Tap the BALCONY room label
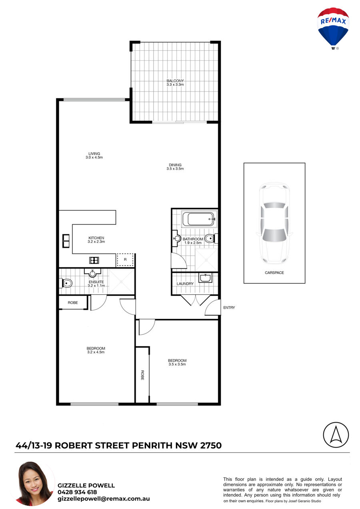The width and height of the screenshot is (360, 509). coord(175,81)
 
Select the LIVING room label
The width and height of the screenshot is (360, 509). coord(94,154)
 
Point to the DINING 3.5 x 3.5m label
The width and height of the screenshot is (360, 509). coord(175,167)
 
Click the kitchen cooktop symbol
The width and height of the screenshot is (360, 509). coord(94,260)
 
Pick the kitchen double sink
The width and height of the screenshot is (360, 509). coord(66,241)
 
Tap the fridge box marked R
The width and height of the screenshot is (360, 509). coord(125,260)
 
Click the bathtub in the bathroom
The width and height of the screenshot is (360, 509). coord(199,219)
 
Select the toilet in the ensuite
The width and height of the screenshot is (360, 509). coord(66,283)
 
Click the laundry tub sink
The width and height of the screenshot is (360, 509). coord(205,277)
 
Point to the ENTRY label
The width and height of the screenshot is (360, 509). coord(229,307)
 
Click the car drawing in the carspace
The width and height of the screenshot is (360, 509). coord(274,223)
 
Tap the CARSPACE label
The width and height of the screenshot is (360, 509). coord(274,272)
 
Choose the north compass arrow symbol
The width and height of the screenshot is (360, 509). coord(336,435)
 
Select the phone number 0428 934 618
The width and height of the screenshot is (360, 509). coord(77,492)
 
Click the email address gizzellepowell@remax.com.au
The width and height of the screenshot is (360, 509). coord(104,499)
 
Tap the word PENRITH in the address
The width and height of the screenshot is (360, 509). coord(152,445)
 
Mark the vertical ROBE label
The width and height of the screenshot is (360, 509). coord(142,375)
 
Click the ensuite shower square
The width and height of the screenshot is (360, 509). coord(121,281)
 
